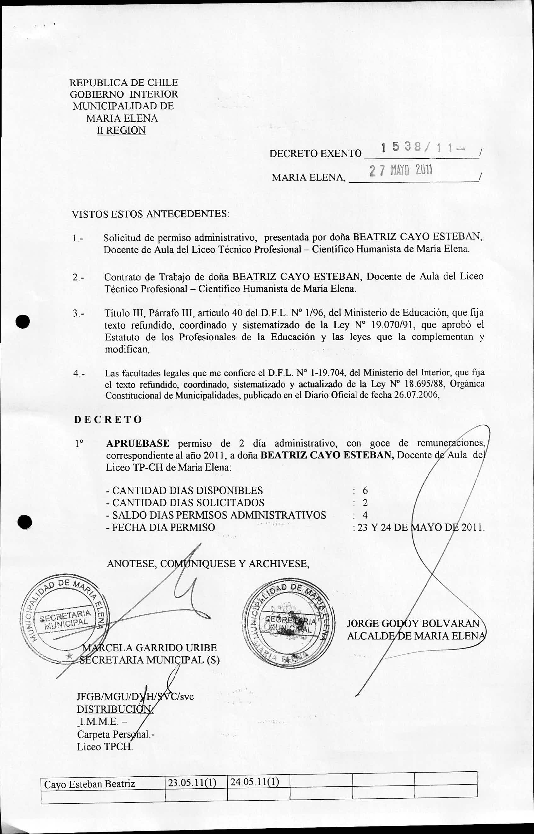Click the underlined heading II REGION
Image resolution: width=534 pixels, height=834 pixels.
pyautogui.click(x=121, y=130)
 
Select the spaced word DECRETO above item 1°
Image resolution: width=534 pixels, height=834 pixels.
pyautogui.click(x=108, y=419)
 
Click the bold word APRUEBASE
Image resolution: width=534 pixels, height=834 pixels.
pyautogui.click(x=138, y=443)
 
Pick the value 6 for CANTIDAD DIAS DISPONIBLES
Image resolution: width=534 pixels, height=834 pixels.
pyautogui.click(x=365, y=491)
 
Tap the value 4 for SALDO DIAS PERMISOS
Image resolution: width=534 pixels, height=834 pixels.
pyautogui.click(x=365, y=515)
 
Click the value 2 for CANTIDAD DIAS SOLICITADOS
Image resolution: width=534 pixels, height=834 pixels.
pyautogui.click(x=365, y=503)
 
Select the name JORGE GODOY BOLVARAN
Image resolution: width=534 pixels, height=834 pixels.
pyautogui.click(x=413, y=624)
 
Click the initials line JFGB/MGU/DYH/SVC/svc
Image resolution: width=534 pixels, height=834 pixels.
pyautogui.click(x=135, y=697)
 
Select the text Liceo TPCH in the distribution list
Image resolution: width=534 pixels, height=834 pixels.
pyautogui.click(x=105, y=747)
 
